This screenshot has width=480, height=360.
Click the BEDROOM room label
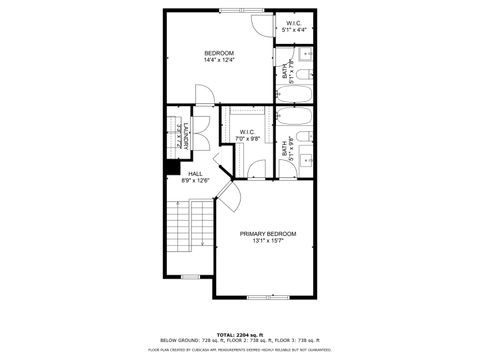pyautogui.click(x=219, y=53)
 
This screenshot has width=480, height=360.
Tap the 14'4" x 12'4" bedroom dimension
pyautogui.click(x=219, y=61)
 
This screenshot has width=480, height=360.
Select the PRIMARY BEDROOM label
pyautogui.click(x=267, y=233)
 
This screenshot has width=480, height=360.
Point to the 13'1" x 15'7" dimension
pyautogui.click(x=267, y=241)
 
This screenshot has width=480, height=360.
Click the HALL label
pyautogui.click(x=194, y=174)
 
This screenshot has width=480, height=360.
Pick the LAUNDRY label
pyautogui.click(x=185, y=136)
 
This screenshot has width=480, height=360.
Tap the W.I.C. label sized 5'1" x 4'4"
pyautogui.click(x=294, y=23)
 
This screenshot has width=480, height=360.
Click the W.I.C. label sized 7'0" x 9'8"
pyautogui.click(x=247, y=131)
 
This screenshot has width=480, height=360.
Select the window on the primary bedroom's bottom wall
pyautogui.click(x=267, y=298)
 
